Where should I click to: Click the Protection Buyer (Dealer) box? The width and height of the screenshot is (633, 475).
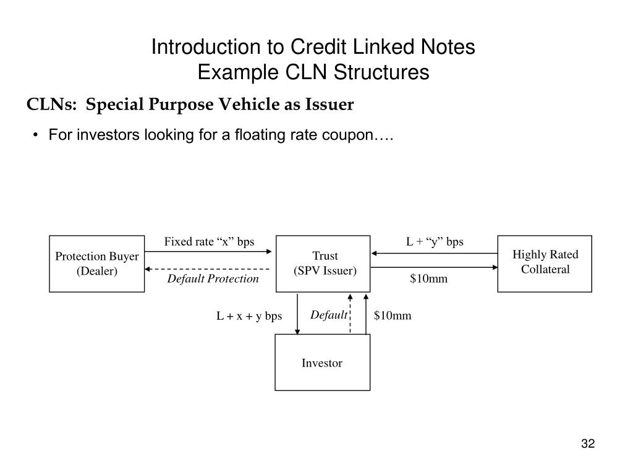click(x=97, y=263)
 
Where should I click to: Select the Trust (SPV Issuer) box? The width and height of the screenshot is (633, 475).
click(x=323, y=263)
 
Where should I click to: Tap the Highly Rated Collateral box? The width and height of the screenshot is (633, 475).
click(x=545, y=263)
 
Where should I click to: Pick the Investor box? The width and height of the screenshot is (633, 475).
click(x=322, y=363)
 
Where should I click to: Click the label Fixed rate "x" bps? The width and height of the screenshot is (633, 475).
click(x=209, y=242)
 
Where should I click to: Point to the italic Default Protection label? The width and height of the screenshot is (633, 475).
click(x=213, y=279)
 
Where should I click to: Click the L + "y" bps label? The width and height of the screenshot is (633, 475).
click(x=435, y=242)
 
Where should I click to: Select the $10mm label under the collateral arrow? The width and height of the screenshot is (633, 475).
click(x=428, y=279)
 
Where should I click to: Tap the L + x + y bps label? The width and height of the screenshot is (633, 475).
click(x=249, y=316)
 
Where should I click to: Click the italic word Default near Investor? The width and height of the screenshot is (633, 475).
click(x=329, y=315)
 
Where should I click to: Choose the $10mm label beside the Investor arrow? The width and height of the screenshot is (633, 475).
click(x=392, y=316)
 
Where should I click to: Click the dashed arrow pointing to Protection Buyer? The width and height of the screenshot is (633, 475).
click(x=208, y=270)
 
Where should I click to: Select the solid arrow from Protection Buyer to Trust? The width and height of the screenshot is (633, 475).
click(x=208, y=251)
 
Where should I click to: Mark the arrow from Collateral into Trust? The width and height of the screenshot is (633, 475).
click(x=435, y=252)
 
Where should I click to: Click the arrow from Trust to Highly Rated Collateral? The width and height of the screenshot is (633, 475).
click(x=435, y=267)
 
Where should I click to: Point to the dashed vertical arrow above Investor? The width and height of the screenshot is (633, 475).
click(x=350, y=314)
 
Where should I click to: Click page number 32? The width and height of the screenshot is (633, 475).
click(x=587, y=444)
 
